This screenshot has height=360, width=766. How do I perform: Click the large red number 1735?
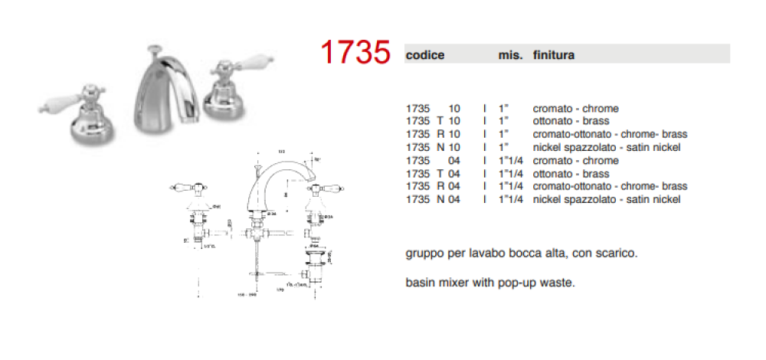click(355, 53)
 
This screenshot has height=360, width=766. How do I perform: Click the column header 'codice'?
click(425, 55)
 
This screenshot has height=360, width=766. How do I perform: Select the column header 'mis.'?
click(510, 55)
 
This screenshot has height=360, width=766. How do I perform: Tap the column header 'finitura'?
click(554, 55)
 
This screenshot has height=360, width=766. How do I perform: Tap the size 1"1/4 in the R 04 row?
click(511, 186)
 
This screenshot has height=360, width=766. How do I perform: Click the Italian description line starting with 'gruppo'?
click(520, 253)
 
